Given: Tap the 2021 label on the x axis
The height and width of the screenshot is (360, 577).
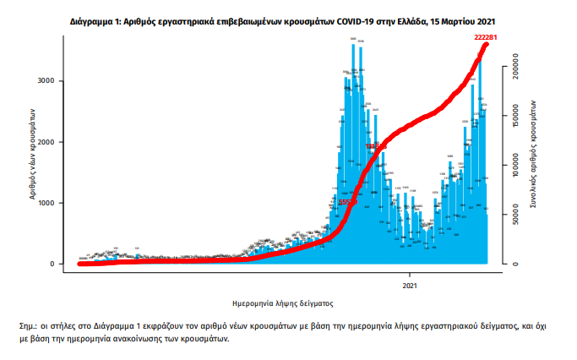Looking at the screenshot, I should pos(411,285).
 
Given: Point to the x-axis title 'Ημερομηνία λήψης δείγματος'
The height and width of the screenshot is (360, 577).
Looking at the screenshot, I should pos(282,302).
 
